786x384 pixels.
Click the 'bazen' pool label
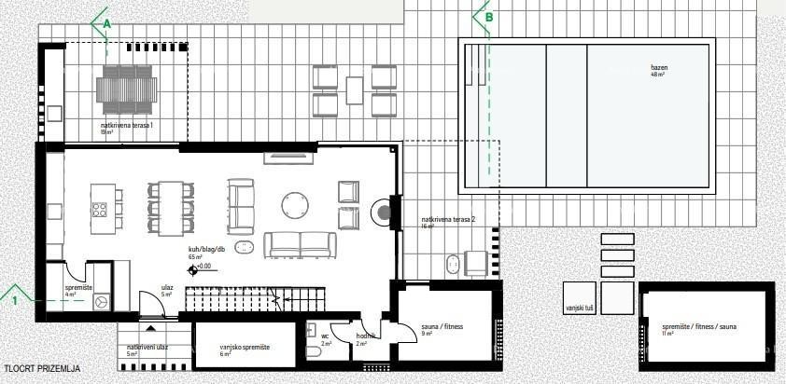[x=659, y=68]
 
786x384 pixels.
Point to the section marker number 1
[x=15, y=301]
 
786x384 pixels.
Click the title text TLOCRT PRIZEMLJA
[x=40, y=368]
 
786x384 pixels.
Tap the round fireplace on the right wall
[x=384, y=213]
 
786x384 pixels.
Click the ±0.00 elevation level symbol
[x=193, y=268]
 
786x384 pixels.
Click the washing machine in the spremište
[x=101, y=301]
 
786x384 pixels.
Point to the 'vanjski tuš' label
[x=580, y=306]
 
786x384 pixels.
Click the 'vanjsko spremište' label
[x=245, y=346]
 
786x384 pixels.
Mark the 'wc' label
[x=325, y=336]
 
